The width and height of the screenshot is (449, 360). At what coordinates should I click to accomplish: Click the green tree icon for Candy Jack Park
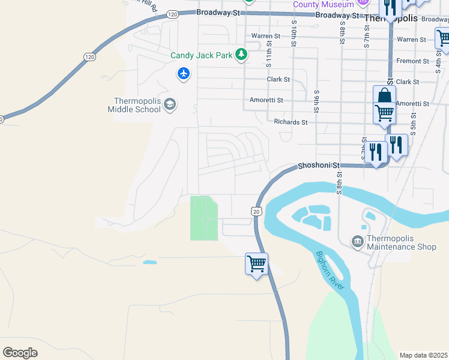tap(241, 55)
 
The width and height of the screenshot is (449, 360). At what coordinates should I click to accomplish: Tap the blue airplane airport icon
tap(183, 74)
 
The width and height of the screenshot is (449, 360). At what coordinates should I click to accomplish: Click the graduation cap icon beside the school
tap(169, 105)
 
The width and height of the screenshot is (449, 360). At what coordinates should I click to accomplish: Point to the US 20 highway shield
tap(256, 211)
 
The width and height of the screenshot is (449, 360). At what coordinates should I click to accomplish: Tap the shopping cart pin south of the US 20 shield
tap(256, 263)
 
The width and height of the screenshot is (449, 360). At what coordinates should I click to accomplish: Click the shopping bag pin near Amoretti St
tap(384, 95)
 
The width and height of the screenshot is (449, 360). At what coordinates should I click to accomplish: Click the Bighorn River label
tap(331, 271)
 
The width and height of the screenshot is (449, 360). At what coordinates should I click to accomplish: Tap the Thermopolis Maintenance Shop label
tap(401, 242)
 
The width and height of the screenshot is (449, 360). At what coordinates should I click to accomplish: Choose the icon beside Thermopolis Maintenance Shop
tap(358, 241)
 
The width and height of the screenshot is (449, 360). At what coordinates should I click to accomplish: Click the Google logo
tap(20, 352)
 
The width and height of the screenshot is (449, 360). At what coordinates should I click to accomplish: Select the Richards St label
tap(291, 122)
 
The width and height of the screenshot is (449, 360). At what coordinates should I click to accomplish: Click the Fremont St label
tap(412, 61)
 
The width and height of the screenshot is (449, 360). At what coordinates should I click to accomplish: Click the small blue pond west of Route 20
tap(150, 262)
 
